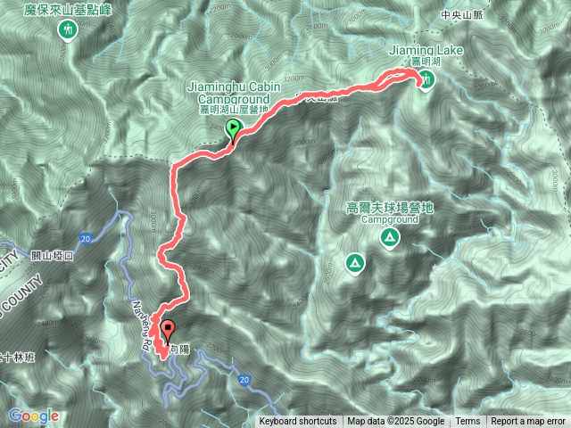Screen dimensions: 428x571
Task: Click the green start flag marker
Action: pos(234,130)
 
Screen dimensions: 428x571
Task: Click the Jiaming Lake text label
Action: pos(426,51)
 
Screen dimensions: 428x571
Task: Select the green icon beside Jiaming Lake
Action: pos(427,80)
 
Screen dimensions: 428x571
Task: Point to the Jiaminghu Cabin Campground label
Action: pos(234,92)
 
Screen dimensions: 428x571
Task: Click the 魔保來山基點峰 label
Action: pos(67,8)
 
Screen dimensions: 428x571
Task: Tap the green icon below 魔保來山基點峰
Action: pos(67,29)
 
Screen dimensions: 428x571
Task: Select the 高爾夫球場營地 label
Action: pos(389,207)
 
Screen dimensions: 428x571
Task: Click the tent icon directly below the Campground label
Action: pos(389,237)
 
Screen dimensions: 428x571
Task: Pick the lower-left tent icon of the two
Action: pos(354,263)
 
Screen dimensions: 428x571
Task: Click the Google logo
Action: pos(33,416)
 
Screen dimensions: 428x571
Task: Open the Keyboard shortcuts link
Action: pos(298,422)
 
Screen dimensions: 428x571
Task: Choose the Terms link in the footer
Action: pos(468,422)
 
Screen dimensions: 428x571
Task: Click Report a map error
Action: pos(528,422)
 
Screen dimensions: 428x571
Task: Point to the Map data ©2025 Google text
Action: pos(395,422)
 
